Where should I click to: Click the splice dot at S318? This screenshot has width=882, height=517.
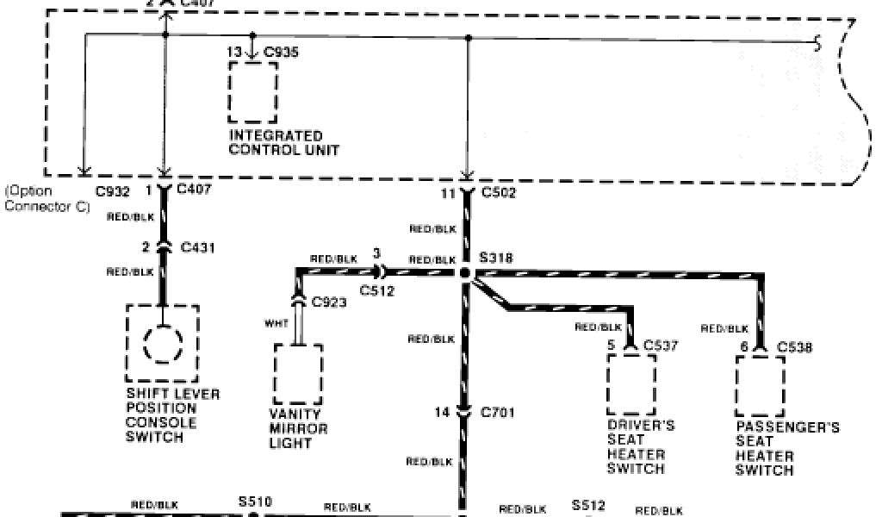465,273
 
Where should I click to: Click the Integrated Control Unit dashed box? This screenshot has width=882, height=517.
253,91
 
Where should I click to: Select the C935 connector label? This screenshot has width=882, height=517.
282,53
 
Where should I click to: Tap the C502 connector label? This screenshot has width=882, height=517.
499,195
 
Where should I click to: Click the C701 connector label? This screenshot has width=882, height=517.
499,413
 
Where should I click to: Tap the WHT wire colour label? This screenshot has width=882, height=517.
276,324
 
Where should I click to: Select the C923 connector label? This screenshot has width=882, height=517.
329,302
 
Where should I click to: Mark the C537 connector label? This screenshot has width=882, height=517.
661,346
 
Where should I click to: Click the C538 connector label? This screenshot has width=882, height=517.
794,348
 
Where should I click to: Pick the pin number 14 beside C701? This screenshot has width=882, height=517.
442,413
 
